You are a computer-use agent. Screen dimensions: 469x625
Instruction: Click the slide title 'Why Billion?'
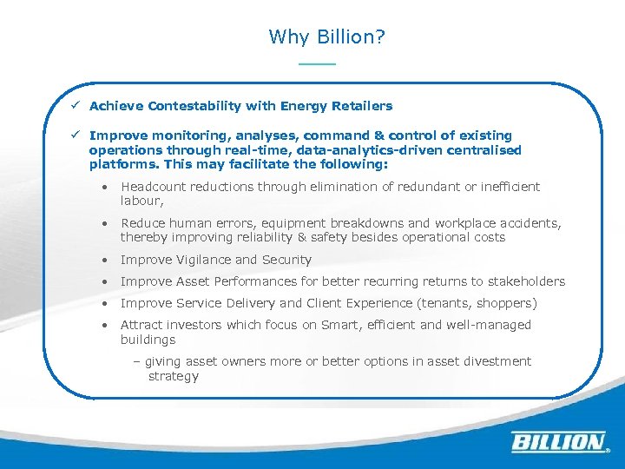327,36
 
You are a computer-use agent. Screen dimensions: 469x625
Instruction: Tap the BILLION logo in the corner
559,442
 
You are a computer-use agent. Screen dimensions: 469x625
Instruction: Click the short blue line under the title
316,64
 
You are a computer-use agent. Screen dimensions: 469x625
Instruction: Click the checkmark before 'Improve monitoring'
76,135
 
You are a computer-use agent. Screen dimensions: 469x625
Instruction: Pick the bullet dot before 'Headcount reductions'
103,187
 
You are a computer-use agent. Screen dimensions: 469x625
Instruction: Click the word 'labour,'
141,201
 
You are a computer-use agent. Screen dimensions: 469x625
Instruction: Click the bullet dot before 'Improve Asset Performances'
103,281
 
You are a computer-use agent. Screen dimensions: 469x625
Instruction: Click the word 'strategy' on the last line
173,376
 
